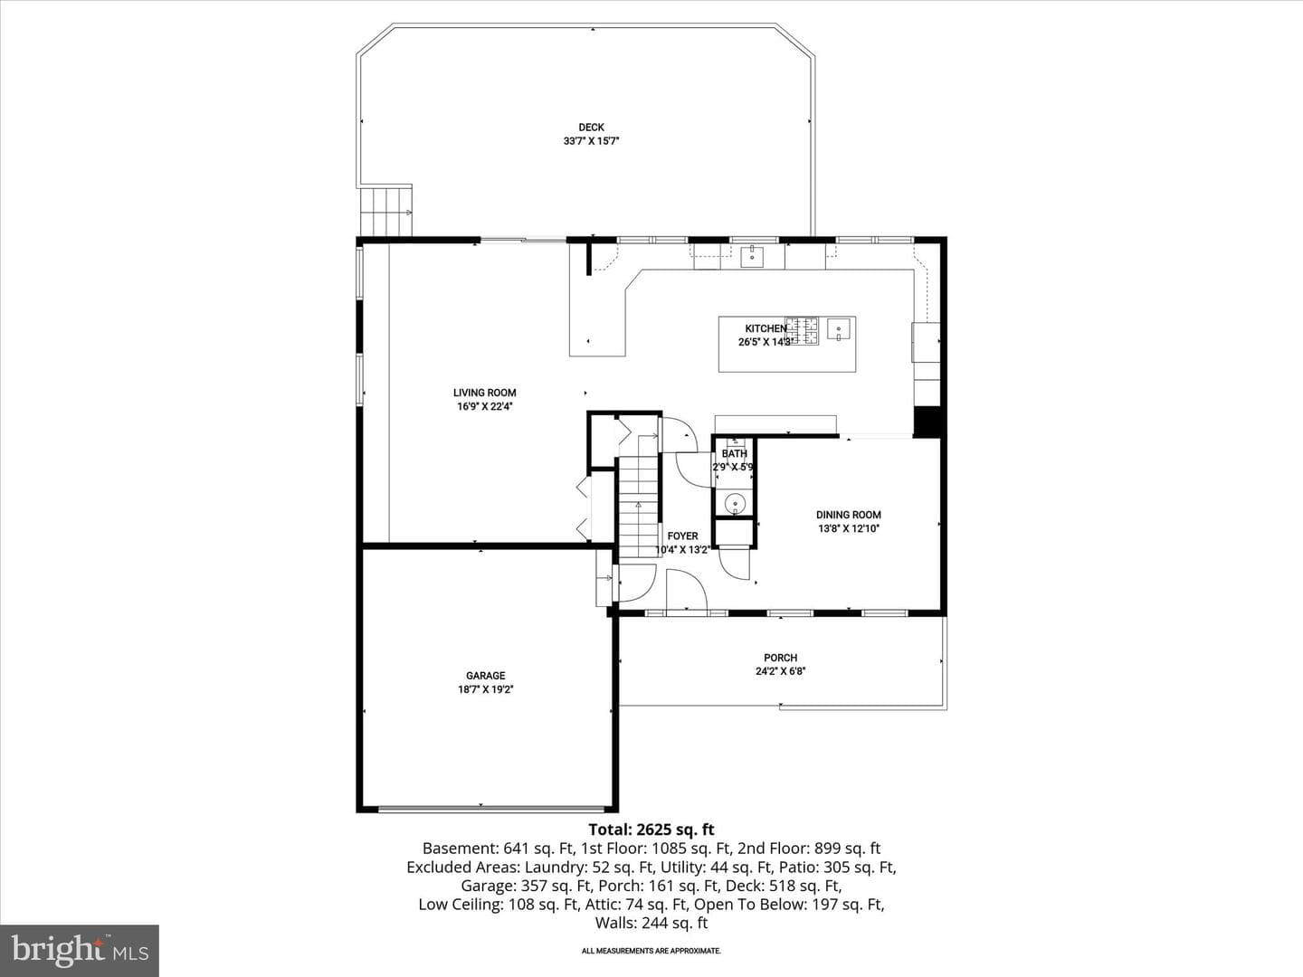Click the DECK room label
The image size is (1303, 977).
591,127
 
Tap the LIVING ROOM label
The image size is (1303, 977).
484,393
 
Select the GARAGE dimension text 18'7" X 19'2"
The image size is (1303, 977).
485,689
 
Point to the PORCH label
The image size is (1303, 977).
780,658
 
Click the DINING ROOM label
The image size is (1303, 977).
848,515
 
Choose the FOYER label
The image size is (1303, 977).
682,536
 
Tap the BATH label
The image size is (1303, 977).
735,454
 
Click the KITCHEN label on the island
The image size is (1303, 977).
766,328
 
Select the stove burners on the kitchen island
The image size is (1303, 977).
802,331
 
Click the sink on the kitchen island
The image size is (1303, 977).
838,328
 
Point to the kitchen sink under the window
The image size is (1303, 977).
752,256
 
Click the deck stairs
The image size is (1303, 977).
385,211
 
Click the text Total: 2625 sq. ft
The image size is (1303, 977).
651,830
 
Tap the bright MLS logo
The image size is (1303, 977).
80,950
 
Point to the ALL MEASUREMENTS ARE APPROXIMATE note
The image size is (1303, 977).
651,951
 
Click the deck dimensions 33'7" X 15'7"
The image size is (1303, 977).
591,141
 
